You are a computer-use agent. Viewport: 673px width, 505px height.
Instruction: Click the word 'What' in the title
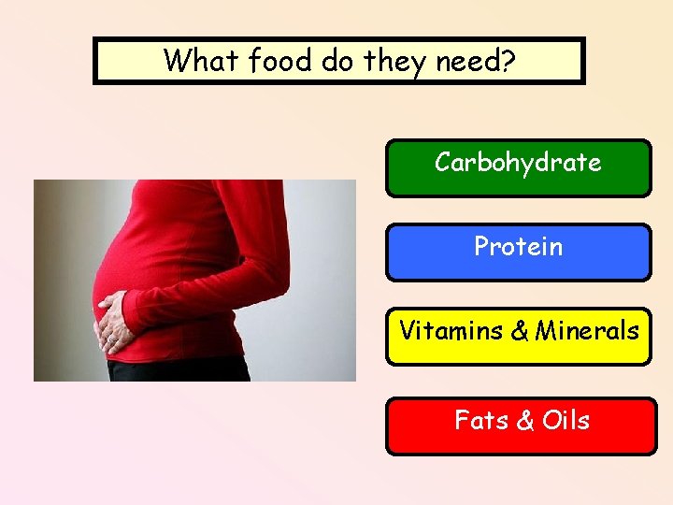coord(192,61)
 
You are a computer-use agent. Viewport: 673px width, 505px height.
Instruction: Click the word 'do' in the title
coord(335,61)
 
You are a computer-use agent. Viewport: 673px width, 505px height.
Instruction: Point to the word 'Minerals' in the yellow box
coord(587,331)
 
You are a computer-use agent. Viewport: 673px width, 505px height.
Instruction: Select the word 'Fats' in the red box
coord(480,421)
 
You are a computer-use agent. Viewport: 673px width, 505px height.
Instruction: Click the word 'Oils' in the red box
coord(566,421)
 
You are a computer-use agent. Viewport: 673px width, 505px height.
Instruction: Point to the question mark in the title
coord(507,61)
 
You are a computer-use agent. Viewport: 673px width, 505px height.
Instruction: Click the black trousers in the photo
coord(178,369)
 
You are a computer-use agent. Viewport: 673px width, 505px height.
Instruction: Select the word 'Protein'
coord(518,247)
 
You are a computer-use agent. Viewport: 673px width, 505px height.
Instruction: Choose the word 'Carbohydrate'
coord(518,163)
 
